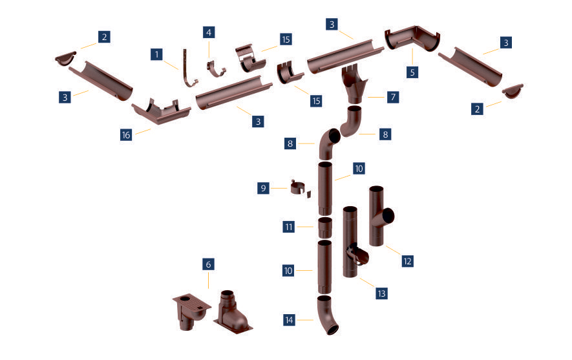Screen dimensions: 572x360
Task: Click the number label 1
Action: [x=156, y=54]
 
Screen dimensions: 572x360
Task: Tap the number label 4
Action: [x=209, y=32]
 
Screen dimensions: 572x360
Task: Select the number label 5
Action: [x=412, y=72]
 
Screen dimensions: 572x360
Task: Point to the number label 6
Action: [x=208, y=264]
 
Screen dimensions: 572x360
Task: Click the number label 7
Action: [x=393, y=97]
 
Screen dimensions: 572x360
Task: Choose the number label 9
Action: [x=264, y=188]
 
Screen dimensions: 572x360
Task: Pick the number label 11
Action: [x=288, y=227]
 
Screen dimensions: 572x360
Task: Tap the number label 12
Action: [x=407, y=261]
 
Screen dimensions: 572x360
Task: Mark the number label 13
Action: [x=381, y=293]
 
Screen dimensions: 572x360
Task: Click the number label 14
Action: [x=289, y=320]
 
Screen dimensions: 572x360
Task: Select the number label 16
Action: [x=126, y=135]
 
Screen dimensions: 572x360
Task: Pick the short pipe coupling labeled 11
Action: [x=324, y=228]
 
